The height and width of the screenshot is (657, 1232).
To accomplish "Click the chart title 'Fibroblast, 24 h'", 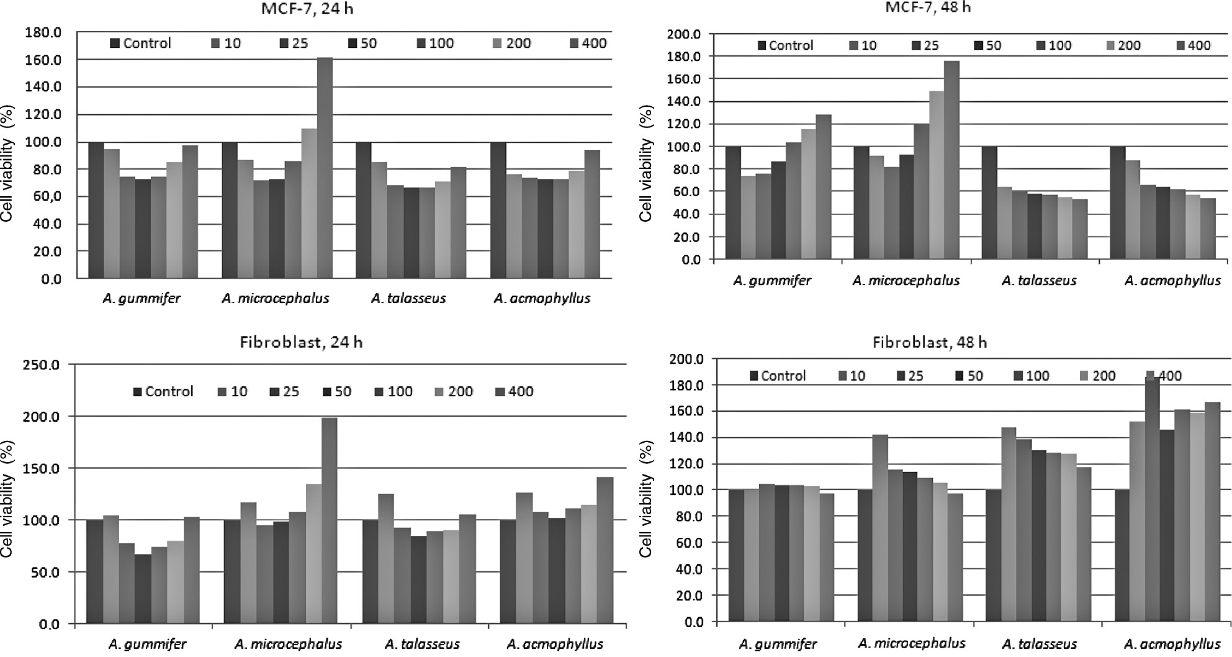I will click(301, 342).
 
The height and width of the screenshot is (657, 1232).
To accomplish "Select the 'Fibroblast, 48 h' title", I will click(929, 342).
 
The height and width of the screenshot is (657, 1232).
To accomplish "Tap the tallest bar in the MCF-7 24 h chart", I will click(325, 168).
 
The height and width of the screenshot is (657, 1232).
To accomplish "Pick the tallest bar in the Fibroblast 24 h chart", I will click(329, 520).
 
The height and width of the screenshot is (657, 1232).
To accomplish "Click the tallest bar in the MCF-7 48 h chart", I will click(951, 160).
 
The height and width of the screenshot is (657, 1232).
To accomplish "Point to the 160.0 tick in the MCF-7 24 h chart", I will click(43, 60).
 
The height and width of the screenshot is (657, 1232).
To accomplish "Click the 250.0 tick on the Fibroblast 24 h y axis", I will click(40, 365).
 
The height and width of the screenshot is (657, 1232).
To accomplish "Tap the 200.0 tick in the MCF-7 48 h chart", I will click(684, 34).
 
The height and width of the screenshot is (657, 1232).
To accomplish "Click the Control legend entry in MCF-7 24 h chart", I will click(140, 43).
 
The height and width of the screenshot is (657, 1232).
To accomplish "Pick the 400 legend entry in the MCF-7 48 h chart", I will click(1193, 45).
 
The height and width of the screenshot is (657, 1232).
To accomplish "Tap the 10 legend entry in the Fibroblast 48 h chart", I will click(851, 376).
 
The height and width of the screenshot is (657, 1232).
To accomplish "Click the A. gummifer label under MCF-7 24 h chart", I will click(142, 298).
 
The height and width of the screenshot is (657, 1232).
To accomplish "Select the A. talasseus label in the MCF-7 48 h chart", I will click(1038, 281).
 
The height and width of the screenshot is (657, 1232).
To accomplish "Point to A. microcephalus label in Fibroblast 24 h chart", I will click(288, 644).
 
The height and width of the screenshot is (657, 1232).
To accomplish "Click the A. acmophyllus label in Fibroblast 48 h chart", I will click(1172, 644).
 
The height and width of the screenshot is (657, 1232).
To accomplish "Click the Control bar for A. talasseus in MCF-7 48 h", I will click(989, 202).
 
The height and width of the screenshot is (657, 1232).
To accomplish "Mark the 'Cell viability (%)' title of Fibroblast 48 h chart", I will click(645, 499).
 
